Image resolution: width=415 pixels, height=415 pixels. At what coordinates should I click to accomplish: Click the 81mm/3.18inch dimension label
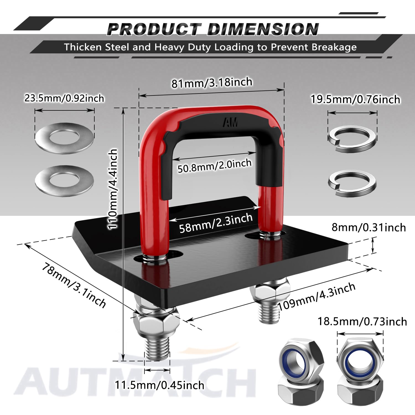212,82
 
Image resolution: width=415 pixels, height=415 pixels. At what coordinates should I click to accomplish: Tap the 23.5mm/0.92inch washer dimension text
64,98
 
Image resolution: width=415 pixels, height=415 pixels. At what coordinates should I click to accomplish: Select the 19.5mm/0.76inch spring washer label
355,99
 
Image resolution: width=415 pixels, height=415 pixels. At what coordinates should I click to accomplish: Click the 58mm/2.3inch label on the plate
216,223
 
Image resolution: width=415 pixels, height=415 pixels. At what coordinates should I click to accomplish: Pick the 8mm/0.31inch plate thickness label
369,227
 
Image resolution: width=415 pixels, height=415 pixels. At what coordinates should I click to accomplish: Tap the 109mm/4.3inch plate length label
317,296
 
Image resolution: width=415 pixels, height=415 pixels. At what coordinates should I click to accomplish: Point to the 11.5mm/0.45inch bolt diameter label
160,385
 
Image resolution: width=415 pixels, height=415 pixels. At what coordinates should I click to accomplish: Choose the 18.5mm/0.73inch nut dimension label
362,321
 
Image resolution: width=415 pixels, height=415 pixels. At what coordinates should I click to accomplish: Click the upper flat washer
64,138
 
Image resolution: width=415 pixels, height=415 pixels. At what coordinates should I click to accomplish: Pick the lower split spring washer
352,183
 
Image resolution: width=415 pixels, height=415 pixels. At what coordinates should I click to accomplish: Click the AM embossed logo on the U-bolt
230,122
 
